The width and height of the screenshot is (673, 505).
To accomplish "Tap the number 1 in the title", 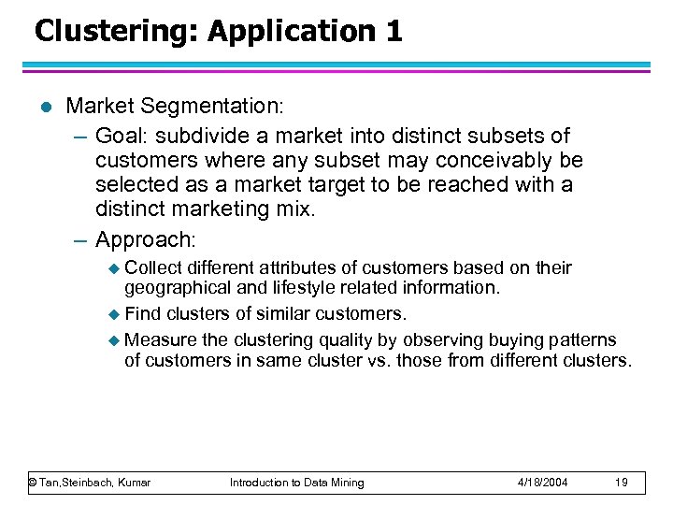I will tap(393, 32).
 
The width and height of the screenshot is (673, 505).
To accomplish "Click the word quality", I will tap(350, 339).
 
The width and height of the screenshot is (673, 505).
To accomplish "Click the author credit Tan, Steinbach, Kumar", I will tap(90, 483).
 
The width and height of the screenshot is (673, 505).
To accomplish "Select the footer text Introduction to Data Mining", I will tap(297, 483).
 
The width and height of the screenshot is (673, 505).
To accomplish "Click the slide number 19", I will tap(623, 483).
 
